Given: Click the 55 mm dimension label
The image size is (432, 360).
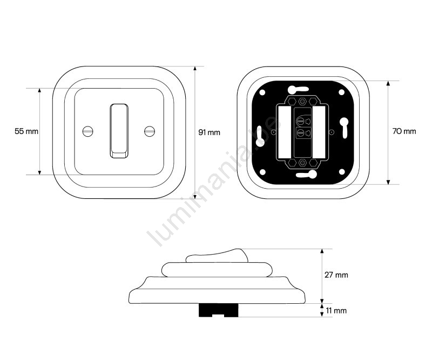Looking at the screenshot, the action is click(x=26, y=131).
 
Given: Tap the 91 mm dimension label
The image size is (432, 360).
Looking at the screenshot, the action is click(x=210, y=132).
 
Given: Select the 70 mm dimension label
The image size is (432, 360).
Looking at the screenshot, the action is click(x=404, y=131).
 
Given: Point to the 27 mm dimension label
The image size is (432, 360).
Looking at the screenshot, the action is click(x=336, y=275).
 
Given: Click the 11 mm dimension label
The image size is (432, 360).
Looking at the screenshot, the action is click(x=336, y=311).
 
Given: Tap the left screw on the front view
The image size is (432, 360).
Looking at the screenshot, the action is click(x=88, y=131).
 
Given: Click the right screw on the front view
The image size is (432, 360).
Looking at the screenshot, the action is click(x=150, y=131).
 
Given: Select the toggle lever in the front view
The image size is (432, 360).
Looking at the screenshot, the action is click(x=119, y=131).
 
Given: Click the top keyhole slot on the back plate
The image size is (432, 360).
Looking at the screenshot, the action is click(x=298, y=90).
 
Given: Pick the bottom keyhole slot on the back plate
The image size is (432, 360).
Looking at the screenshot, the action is click(x=306, y=174).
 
